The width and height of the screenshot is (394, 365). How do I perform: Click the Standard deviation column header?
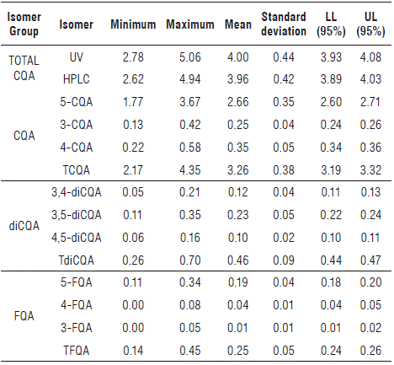284,24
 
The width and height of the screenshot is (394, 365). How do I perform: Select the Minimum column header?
133,24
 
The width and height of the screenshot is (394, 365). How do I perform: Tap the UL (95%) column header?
370,24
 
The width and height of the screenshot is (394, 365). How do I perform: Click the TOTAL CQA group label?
24,68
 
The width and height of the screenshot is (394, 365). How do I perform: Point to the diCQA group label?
24,226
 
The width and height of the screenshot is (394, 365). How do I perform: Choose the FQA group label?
24,316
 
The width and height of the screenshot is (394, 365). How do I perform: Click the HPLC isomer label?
76,79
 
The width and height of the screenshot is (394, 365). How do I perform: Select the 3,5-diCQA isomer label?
76,215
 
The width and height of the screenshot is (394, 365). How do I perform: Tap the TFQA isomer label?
76,351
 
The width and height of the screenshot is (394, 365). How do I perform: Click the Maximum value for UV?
190,57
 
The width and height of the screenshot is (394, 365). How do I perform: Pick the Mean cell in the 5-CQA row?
237,102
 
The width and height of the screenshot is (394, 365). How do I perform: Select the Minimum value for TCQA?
133,170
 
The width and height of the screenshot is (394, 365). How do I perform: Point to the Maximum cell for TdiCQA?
190,260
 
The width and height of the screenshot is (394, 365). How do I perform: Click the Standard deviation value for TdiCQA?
284,260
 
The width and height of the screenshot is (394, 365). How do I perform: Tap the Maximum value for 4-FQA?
190,305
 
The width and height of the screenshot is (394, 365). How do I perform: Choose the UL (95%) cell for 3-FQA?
370,328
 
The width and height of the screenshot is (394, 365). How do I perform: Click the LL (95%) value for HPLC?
331,79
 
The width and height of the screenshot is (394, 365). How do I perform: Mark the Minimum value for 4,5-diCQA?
133,238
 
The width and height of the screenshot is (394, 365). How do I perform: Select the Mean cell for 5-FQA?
237,282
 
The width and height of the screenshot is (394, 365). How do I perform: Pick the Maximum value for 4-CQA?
190,148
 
